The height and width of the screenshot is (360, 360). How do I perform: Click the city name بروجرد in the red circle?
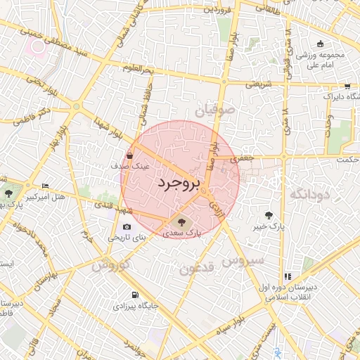(178, 184)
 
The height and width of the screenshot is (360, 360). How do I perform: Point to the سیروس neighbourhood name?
(243, 259)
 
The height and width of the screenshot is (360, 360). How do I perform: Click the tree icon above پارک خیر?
(269, 215)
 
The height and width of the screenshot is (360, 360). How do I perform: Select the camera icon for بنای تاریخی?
(127, 226)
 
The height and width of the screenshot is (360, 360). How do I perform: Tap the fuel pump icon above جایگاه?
(134, 294)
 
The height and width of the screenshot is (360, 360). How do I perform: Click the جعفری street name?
(242, 160)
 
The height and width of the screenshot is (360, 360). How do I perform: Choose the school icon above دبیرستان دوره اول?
(288, 276)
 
